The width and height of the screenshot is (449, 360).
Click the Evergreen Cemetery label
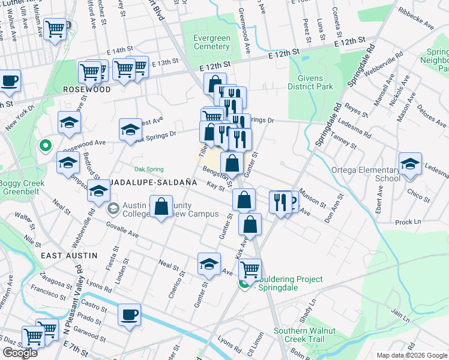point(211,42)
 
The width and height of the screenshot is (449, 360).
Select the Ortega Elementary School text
point(366,174)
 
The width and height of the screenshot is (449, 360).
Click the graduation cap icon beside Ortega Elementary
point(410,164)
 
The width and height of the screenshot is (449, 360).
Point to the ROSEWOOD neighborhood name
point(87,89)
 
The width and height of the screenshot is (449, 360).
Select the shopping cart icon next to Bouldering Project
point(250,268)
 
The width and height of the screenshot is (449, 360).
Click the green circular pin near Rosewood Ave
point(44,145)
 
